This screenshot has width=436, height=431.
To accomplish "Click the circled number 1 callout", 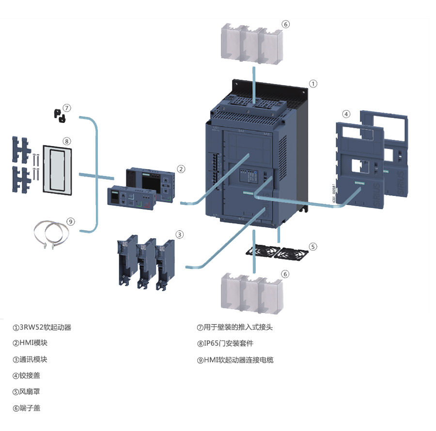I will coord(313,84).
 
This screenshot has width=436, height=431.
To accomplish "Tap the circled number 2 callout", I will coord(181,169).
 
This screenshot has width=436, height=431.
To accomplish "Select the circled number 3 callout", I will coord(180,235).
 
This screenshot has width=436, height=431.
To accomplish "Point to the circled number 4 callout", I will coord(346,114).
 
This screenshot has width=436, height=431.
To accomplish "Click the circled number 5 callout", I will coord(313,246).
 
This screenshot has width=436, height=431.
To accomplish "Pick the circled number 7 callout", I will coord(67,107).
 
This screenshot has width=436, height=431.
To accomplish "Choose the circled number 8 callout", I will coord(67,141).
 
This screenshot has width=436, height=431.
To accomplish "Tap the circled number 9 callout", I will coord(71,222).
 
